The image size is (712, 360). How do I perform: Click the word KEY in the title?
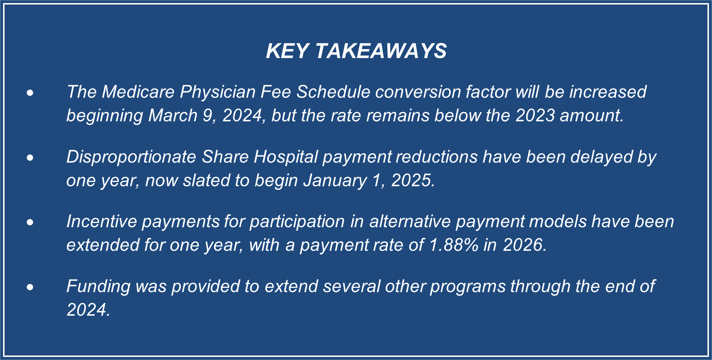[287, 51]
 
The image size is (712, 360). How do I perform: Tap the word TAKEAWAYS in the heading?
[381, 51]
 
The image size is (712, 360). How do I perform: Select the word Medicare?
[138, 92]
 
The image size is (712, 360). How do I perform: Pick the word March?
[173, 116]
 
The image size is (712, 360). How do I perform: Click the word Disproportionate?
[131, 157]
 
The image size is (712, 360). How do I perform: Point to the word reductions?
[436, 157]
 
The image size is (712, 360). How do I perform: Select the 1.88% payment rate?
[454, 245]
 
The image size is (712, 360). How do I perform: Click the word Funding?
[98, 287]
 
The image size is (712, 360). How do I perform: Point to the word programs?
[468, 287]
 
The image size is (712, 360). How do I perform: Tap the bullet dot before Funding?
[30, 287]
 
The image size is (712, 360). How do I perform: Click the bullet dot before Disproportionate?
[30, 158]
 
